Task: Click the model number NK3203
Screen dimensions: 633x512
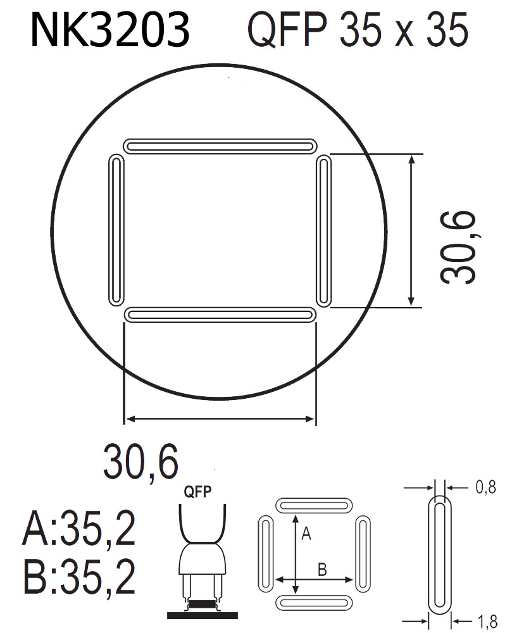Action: point(109,30)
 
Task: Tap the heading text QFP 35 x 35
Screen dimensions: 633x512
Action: point(358,30)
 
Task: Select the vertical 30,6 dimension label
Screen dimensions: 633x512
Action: point(458,247)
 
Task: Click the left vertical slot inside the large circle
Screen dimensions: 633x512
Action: point(116,229)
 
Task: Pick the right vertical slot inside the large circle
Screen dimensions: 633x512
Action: point(323,230)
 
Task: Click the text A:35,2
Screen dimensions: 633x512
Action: point(79,530)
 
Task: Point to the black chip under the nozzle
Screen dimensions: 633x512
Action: point(202,605)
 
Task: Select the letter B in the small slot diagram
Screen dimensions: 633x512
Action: point(322,570)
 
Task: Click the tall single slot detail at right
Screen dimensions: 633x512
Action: point(441,555)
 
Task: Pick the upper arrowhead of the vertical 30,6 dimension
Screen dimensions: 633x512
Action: point(412,160)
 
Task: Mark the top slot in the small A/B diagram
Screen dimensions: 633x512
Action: point(315,506)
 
